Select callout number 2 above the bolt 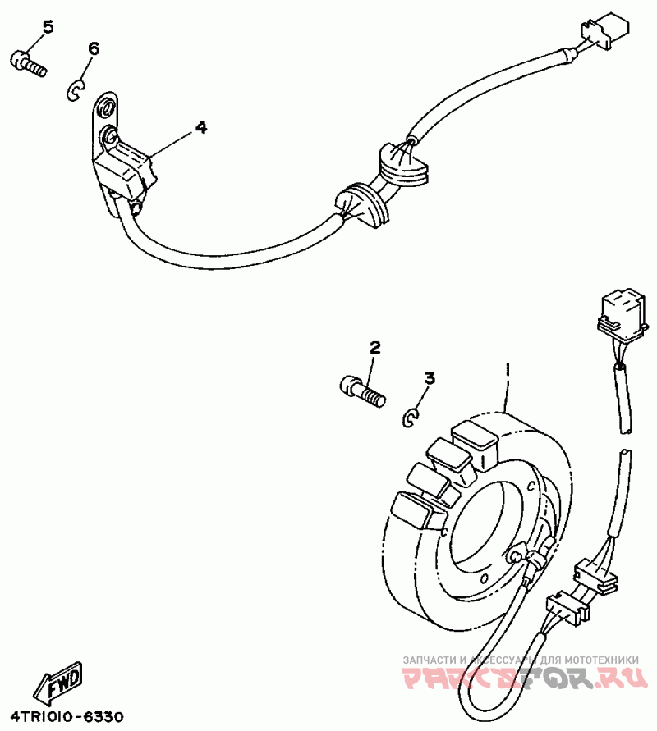(374, 349)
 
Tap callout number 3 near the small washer (429, 378)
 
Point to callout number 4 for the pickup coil (201, 127)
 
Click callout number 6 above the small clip (93, 49)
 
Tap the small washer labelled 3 (411, 418)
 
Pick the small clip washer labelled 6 (75, 89)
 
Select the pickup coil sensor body (123, 171)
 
